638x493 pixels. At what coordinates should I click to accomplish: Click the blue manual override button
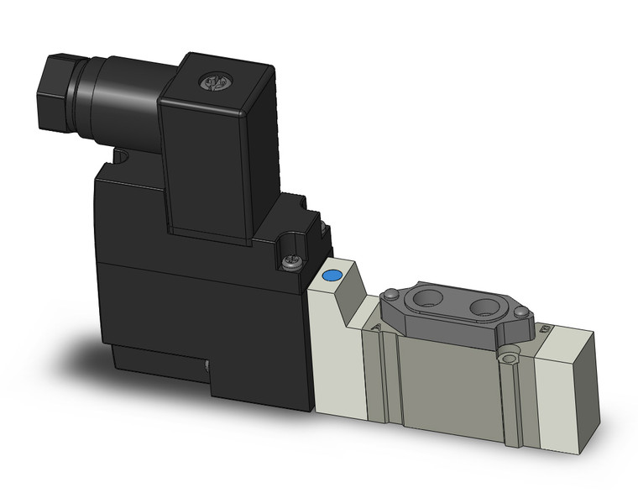[x=331, y=275]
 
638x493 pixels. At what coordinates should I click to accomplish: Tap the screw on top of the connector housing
[x=211, y=82]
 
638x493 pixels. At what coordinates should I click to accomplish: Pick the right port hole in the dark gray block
[x=486, y=307]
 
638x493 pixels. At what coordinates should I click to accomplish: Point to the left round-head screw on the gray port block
[x=390, y=295]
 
